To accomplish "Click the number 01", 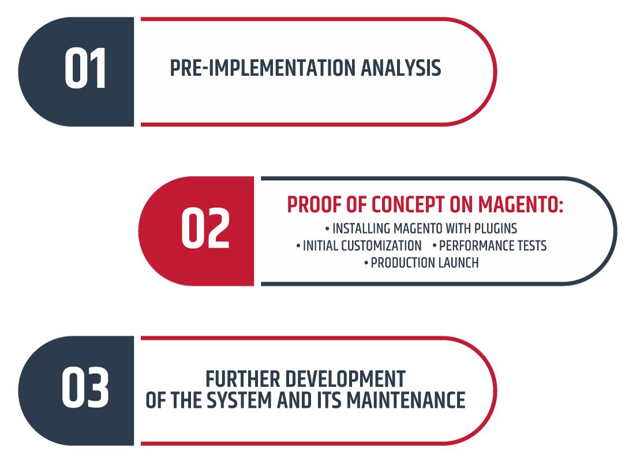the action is coord(85,68).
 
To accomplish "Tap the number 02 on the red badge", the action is coord(205,228).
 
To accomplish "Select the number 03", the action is coord(85,388).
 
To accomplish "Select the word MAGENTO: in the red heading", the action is coord(521,204).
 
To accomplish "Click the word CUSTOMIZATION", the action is coord(381,245).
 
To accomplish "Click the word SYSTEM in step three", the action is coord(239,400).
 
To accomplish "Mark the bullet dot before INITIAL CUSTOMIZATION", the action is coord(298,246).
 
